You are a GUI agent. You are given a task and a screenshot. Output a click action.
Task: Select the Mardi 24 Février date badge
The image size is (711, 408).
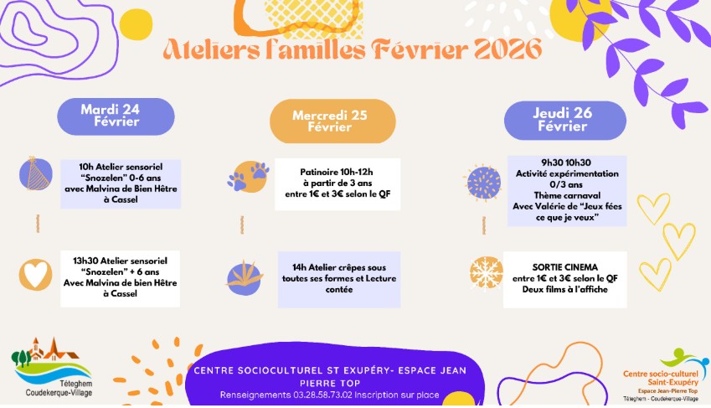pyautogui.click(x=116, y=116)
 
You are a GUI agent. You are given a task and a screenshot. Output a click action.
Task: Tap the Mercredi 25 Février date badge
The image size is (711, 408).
pyautogui.click(x=332, y=121)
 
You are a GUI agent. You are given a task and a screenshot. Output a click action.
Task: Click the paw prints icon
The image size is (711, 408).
pyautogui.click(x=248, y=175)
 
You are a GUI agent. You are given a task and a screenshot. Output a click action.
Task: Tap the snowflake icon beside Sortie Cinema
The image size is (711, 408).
pyautogui.click(x=483, y=273)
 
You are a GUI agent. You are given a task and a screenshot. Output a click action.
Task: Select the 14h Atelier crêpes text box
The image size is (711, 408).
pyautogui.click(x=339, y=277)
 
